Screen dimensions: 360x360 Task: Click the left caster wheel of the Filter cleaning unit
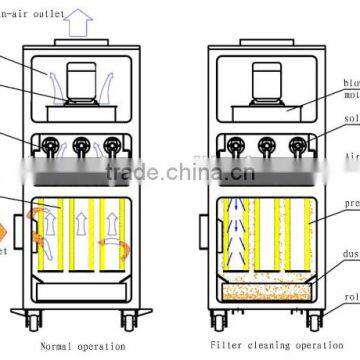pyautogui.click(x=221, y=325)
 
